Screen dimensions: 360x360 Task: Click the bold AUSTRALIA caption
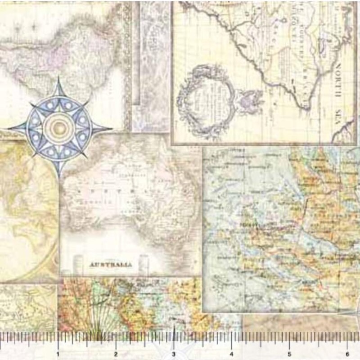point(111,265)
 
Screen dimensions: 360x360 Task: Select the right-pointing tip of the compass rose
point(111,129)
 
